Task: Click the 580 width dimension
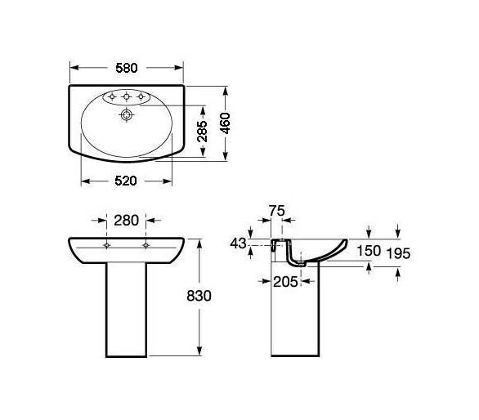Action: coord(127,68)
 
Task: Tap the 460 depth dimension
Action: coord(226,123)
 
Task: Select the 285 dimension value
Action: coord(202,132)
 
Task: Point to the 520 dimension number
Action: coord(126,181)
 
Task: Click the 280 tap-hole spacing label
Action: coord(127,221)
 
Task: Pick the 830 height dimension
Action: coord(199,296)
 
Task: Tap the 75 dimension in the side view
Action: coord(277,211)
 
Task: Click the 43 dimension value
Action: coord(238,244)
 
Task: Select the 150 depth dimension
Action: coord(369,251)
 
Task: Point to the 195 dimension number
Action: coord(398,253)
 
